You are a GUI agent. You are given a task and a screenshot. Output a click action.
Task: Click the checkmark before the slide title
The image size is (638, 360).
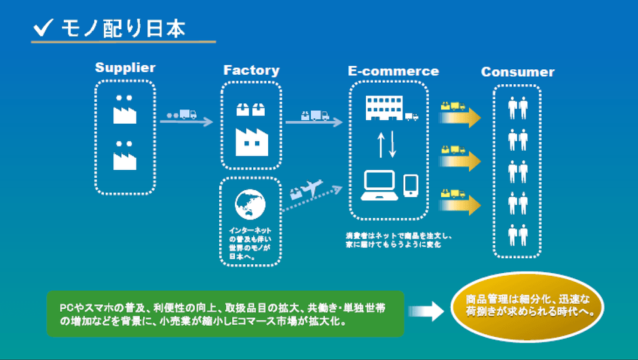tap(44, 28)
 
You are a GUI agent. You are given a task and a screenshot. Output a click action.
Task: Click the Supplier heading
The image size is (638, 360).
tap(125, 68)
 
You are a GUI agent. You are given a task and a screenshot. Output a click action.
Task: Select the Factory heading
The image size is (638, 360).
tap(251, 71)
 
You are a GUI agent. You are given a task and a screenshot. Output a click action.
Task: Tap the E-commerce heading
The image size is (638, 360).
tap(393, 71)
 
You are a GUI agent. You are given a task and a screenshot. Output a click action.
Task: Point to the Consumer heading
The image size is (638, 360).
tap(517, 72)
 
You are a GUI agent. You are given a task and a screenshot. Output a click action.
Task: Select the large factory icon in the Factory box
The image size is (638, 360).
tap(252, 141)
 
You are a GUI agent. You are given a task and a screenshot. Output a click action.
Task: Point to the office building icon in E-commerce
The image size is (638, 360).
tap(384, 107)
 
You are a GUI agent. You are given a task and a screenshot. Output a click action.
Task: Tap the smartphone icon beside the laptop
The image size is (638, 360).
tap(411, 185)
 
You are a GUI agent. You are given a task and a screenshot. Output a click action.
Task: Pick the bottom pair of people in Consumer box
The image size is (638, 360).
tap(518, 234)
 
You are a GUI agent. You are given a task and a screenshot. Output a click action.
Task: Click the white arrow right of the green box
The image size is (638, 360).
tap(426, 312)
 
